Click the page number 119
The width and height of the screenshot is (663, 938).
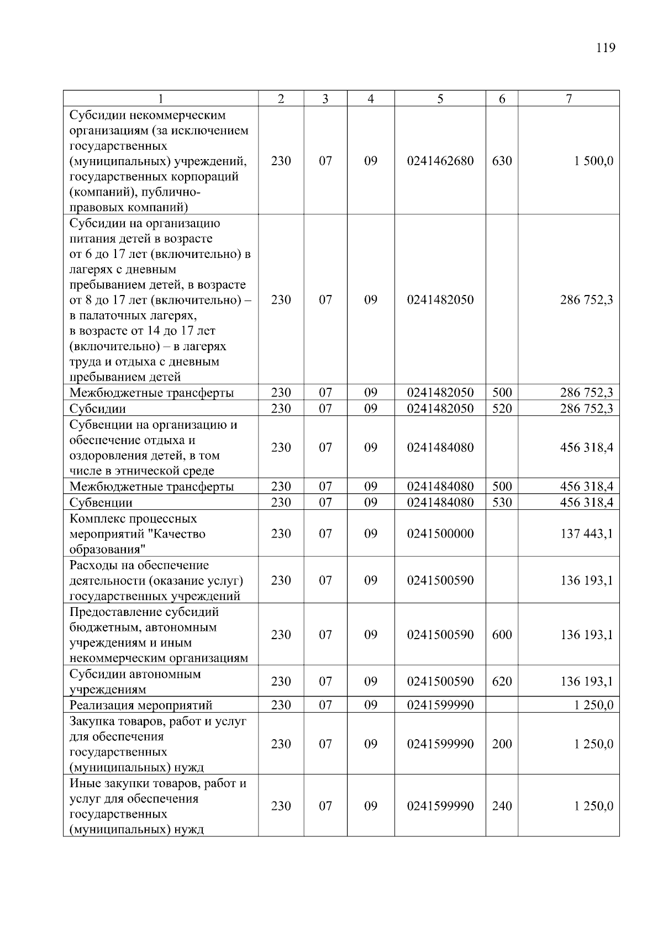[x=606, y=48]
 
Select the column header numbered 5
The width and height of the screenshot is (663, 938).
[x=440, y=99]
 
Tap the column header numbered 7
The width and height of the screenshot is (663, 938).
[x=569, y=99]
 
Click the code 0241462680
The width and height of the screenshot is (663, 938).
[x=440, y=161]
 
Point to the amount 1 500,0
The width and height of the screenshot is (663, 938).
[x=593, y=161]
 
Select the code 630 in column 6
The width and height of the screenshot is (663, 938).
[x=502, y=161]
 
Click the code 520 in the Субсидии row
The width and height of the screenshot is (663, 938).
[x=502, y=409]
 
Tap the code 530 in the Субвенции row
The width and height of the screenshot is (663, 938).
[x=502, y=503]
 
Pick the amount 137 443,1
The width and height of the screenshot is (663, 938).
[x=586, y=534]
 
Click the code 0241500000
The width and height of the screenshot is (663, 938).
[x=440, y=534]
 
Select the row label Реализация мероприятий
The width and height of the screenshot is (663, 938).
[x=141, y=705]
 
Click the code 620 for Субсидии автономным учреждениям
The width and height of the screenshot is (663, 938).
[x=502, y=682]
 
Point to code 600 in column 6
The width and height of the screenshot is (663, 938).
[x=502, y=635]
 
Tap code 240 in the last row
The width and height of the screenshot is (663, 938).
[x=502, y=806]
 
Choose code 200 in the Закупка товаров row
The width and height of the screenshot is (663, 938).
[x=502, y=744]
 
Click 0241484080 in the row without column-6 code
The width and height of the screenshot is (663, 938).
[x=440, y=447]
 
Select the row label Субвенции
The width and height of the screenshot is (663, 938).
[x=101, y=503]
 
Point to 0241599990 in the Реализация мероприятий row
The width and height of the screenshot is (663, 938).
[x=440, y=705]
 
